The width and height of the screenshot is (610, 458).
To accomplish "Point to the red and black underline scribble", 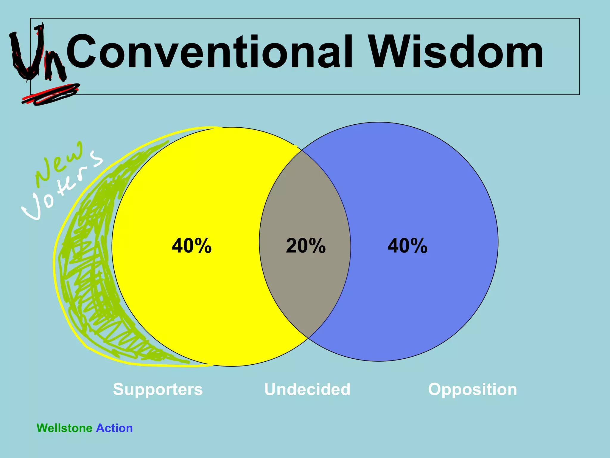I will click(51, 94).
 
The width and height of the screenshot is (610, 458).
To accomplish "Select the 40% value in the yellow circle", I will click(192, 246).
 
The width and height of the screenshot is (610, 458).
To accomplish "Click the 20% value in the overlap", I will click(306, 246).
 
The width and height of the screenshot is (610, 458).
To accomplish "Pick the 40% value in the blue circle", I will click(407, 246).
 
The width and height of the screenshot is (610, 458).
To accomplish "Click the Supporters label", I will click(158, 389).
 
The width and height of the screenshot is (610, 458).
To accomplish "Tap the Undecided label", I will click(307, 389).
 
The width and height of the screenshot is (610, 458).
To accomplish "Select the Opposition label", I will click(472, 389).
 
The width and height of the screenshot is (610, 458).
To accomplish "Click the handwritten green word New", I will click(60, 163).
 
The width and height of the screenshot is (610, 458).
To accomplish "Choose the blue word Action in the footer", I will click(114, 428).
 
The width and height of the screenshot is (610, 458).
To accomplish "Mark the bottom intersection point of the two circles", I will click(308, 338).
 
